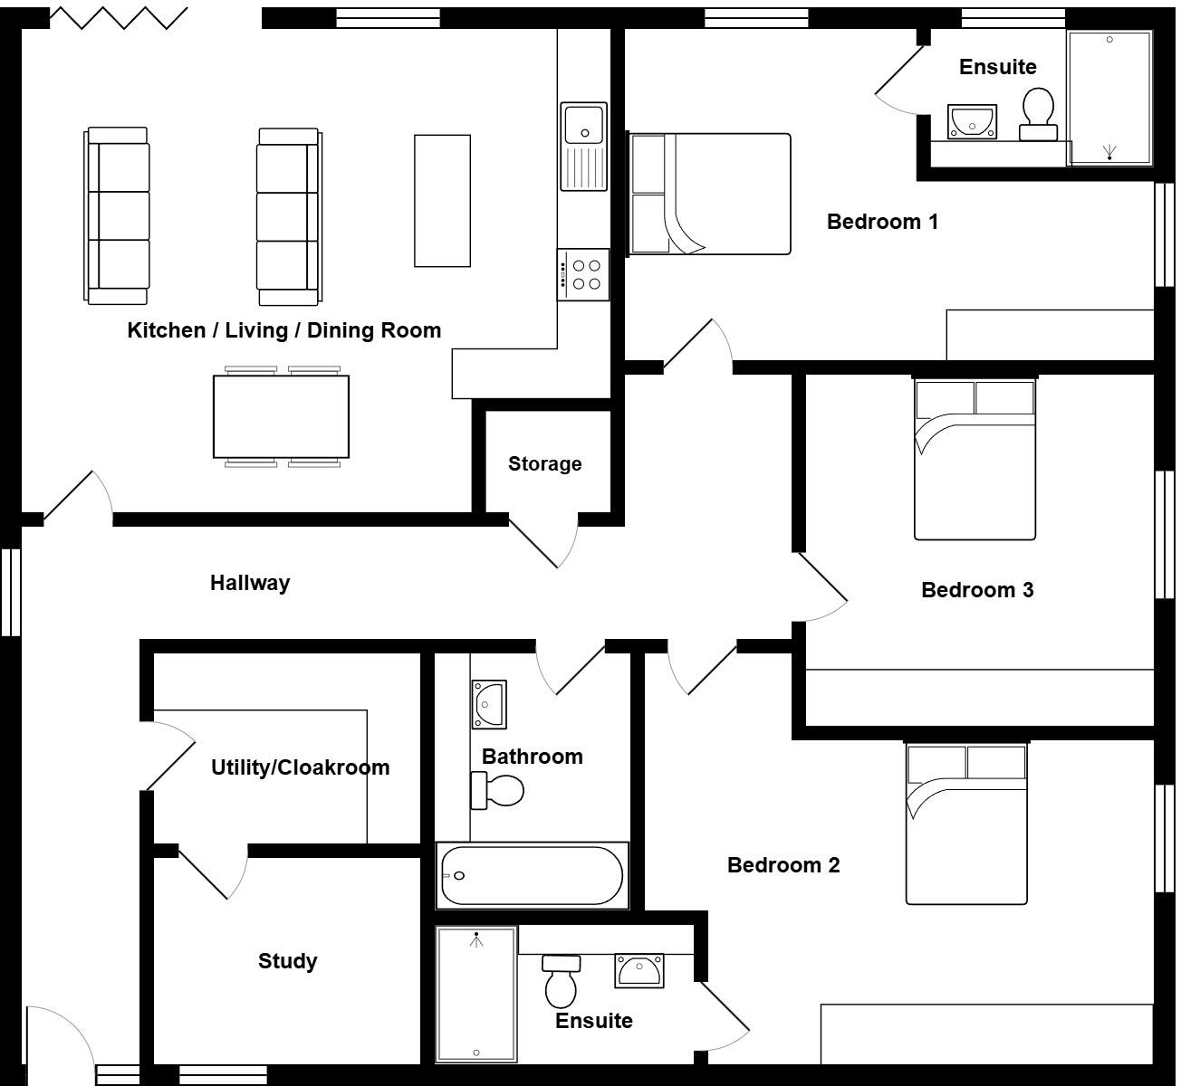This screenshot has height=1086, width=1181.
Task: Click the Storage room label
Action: [544, 464]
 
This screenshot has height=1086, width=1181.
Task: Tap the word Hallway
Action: [250, 583]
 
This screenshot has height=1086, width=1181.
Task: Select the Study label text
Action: [287, 961]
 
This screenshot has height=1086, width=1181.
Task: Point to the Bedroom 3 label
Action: [977, 590]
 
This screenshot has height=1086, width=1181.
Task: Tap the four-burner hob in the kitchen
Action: [583, 275]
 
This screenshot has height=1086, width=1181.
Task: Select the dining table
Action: [281, 416]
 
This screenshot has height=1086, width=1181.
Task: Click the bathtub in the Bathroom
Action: [532, 875]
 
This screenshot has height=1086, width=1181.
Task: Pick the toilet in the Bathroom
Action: [497, 791]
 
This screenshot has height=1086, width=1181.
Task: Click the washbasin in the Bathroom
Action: [489, 703]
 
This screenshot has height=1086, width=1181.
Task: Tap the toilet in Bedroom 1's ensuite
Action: [1038, 114]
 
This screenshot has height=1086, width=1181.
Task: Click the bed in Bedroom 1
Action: [710, 194]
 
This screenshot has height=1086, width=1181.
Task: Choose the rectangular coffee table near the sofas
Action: [442, 201]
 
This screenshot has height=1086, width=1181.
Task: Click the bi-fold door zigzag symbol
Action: [118, 18]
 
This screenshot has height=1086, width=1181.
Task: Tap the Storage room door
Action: [543, 543]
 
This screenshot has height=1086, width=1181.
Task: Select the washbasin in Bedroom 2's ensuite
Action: [639, 970]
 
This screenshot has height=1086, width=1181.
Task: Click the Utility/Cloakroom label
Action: [300, 767]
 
